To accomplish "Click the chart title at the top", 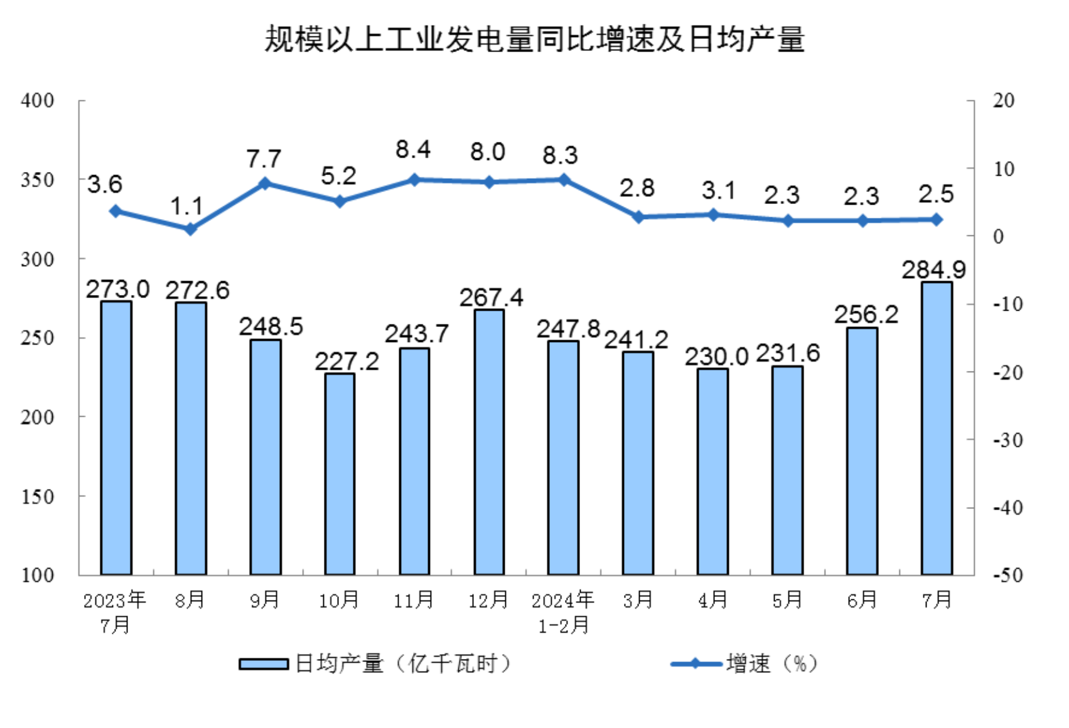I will tap(534, 40).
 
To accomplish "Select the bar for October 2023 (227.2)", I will tap(340, 474).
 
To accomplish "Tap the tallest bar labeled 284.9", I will tap(937, 428).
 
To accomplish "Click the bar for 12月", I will tap(489, 442).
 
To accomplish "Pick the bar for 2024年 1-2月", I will tap(563, 458).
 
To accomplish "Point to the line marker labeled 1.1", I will tap(190, 229).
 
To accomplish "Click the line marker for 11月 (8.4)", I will tap(414, 180).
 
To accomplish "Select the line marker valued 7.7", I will tap(265, 184).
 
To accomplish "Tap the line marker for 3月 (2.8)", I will tap(638, 217).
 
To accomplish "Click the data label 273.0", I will tap(117, 289).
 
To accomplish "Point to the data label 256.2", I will tap(866, 314).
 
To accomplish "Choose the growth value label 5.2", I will tap(338, 176).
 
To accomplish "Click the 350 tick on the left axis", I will tap(37, 180).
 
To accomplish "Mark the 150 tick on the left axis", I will tap(37, 496).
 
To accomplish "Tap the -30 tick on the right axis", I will tap(1007, 440).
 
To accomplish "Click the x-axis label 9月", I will tap(265, 600).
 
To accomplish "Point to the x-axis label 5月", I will tap(788, 600).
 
